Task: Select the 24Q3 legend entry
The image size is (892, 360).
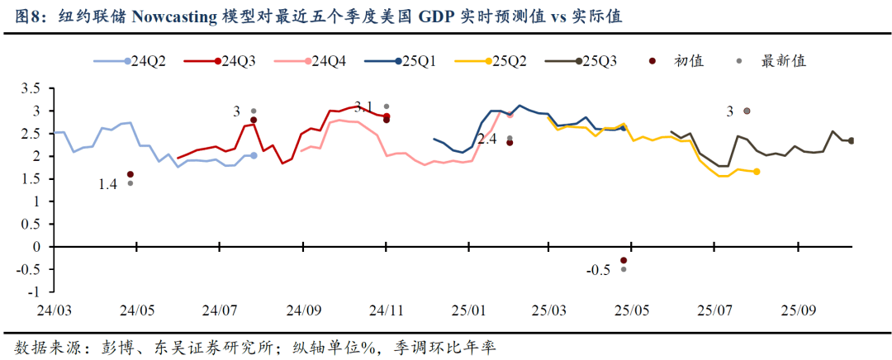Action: point(232,60)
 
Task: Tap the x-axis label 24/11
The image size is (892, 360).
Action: point(386,310)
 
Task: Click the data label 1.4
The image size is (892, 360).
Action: point(108,185)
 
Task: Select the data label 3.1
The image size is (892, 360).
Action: point(363,106)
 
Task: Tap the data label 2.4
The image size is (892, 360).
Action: point(487,140)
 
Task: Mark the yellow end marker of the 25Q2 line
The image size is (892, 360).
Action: point(757,172)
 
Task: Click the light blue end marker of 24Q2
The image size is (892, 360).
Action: point(254,155)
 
